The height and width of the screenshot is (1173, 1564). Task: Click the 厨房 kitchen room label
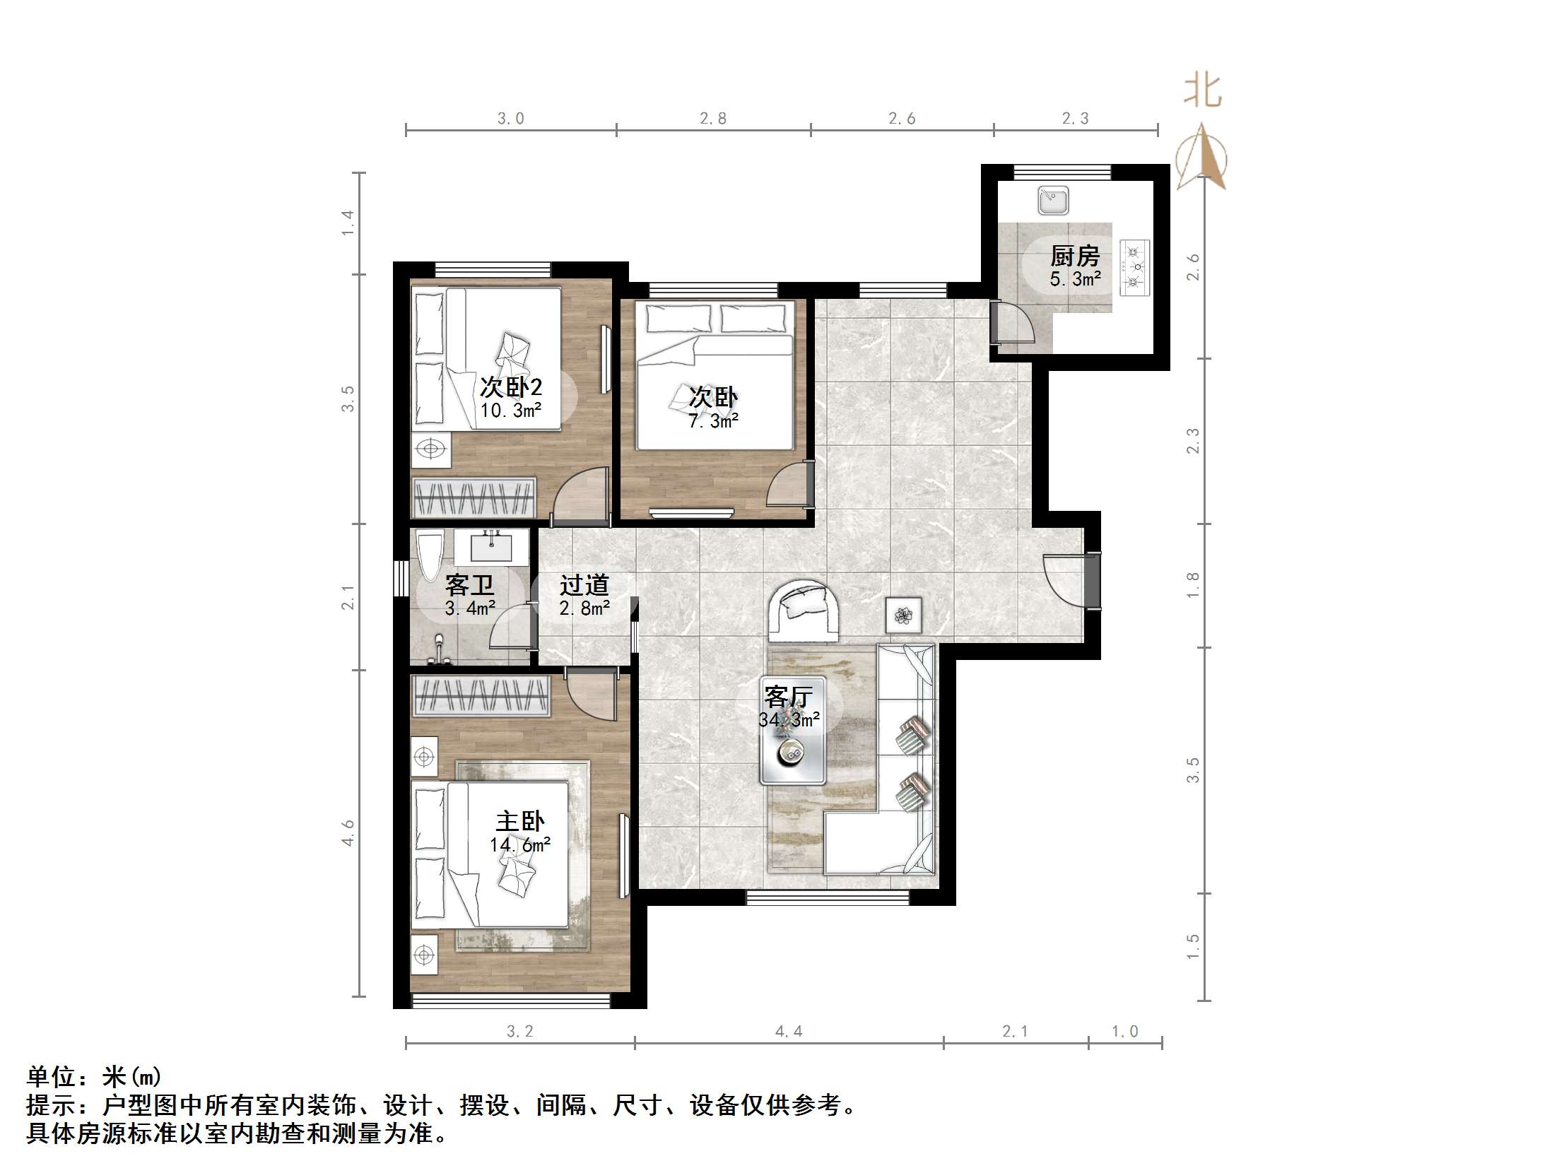(x=1075, y=255)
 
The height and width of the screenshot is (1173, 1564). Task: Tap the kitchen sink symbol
(x=1054, y=200)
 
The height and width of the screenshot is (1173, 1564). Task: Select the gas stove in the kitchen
(x=1135, y=266)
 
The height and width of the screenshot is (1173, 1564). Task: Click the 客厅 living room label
(x=789, y=697)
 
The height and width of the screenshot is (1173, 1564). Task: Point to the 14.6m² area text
(x=520, y=845)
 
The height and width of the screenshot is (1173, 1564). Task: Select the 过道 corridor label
(x=584, y=584)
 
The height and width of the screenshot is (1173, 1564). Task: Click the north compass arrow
(x=1201, y=159)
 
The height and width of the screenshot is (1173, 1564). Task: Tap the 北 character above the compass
(x=1203, y=92)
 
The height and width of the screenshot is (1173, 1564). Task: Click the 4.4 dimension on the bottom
(x=789, y=1032)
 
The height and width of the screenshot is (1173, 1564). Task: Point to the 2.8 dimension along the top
(x=712, y=119)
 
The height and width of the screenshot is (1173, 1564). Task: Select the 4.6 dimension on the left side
(x=348, y=832)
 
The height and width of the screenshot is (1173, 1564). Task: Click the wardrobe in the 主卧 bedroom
(x=481, y=696)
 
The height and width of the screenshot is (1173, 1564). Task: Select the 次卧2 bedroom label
(x=510, y=387)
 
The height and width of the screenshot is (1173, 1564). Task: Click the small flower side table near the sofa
(x=904, y=615)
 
